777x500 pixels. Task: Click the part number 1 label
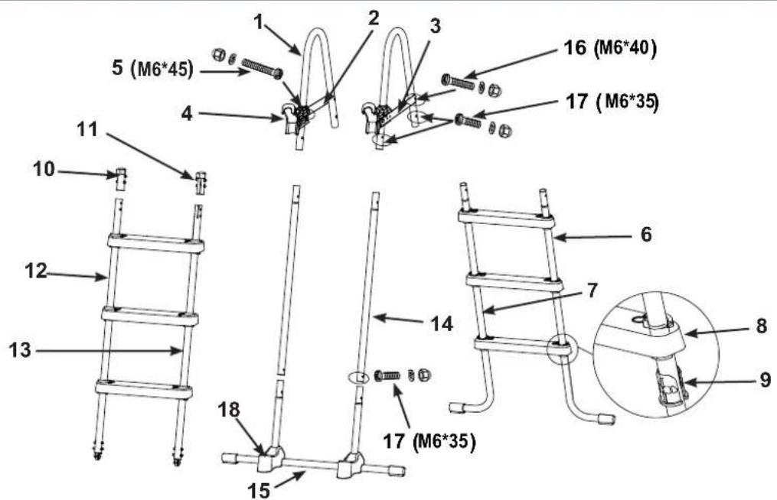259,21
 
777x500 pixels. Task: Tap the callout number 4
186,114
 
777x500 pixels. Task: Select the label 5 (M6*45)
152,68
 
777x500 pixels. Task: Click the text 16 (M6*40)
610,48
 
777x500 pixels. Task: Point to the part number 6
646,234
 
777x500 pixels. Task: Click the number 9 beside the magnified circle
765,380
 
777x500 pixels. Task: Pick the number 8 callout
762,326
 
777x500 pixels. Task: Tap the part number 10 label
44,169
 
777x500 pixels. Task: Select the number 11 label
87,129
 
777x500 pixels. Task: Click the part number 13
20,350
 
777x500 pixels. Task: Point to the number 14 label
442,324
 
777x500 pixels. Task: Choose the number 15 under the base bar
259,491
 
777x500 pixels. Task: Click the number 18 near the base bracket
229,410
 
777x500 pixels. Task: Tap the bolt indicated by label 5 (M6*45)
263,68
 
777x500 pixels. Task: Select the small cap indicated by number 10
121,179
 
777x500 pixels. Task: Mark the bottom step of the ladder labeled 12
144,389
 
